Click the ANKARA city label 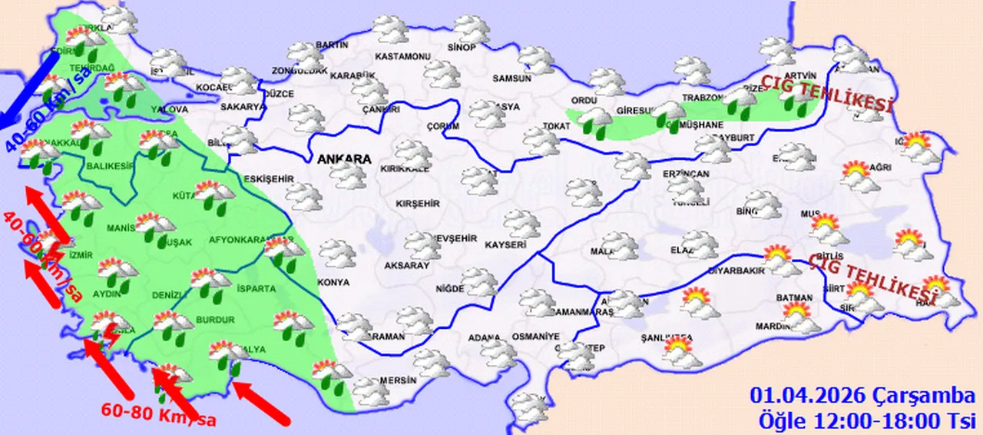[x=343, y=159]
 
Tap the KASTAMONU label [x=402, y=57]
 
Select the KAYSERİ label [x=505, y=245]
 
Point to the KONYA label [x=333, y=282]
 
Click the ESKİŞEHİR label [x=269, y=179]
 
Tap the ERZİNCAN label [x=686, y=174]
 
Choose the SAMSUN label [x=512, y=78]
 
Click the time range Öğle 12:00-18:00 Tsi [x=866, y=420]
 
